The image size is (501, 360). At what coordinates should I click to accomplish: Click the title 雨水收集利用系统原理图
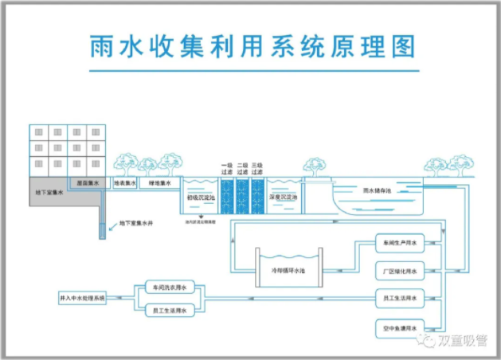(251, 46)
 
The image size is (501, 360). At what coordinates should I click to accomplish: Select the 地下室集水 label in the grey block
(50, 192)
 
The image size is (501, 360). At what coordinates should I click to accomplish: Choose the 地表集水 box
(125, 183)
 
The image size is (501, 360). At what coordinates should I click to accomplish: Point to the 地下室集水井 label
(135, 224)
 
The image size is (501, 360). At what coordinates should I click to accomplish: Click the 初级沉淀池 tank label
(198, 196)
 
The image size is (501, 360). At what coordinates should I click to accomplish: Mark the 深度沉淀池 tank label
(283, 197)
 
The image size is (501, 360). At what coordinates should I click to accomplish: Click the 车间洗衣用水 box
(168, 287)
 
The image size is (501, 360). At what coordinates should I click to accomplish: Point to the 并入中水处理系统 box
(82, 299)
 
